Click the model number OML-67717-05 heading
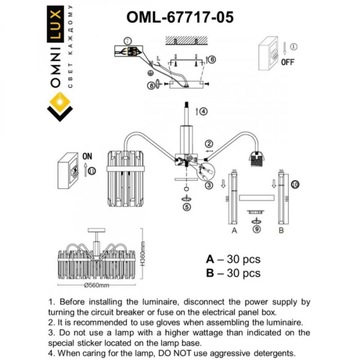coord(180,17)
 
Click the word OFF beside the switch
coord(287,63)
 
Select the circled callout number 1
coord(294,47)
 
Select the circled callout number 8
coord(151,86)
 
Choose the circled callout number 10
coord(294,184)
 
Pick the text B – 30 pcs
coord(232,273)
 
